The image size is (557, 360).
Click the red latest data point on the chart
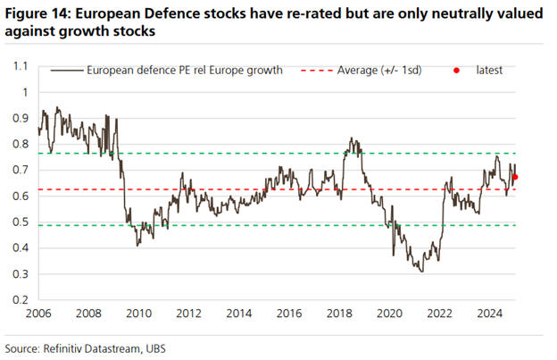(x=515, y=177)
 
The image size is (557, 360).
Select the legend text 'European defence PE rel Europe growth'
(x=183, y=69)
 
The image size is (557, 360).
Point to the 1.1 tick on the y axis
(x=21, y=66)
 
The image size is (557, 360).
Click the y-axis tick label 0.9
(x=21, y=118)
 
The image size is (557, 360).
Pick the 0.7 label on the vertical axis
(x=21, y=170)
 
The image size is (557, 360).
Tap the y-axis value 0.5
(x=21, y=222)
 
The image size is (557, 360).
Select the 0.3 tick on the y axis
(x=21, y=273)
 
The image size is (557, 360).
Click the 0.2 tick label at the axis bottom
(x=21, y=299)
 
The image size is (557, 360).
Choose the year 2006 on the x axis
(x=38, y=314)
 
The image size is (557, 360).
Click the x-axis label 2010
(x=137, y=314)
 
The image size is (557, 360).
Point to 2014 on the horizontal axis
(x=237, y=314)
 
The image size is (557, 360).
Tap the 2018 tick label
(x=337, y=314)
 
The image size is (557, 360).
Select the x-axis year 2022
(x=437, y=314)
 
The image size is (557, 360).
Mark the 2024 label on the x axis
(x=487, y=314)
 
